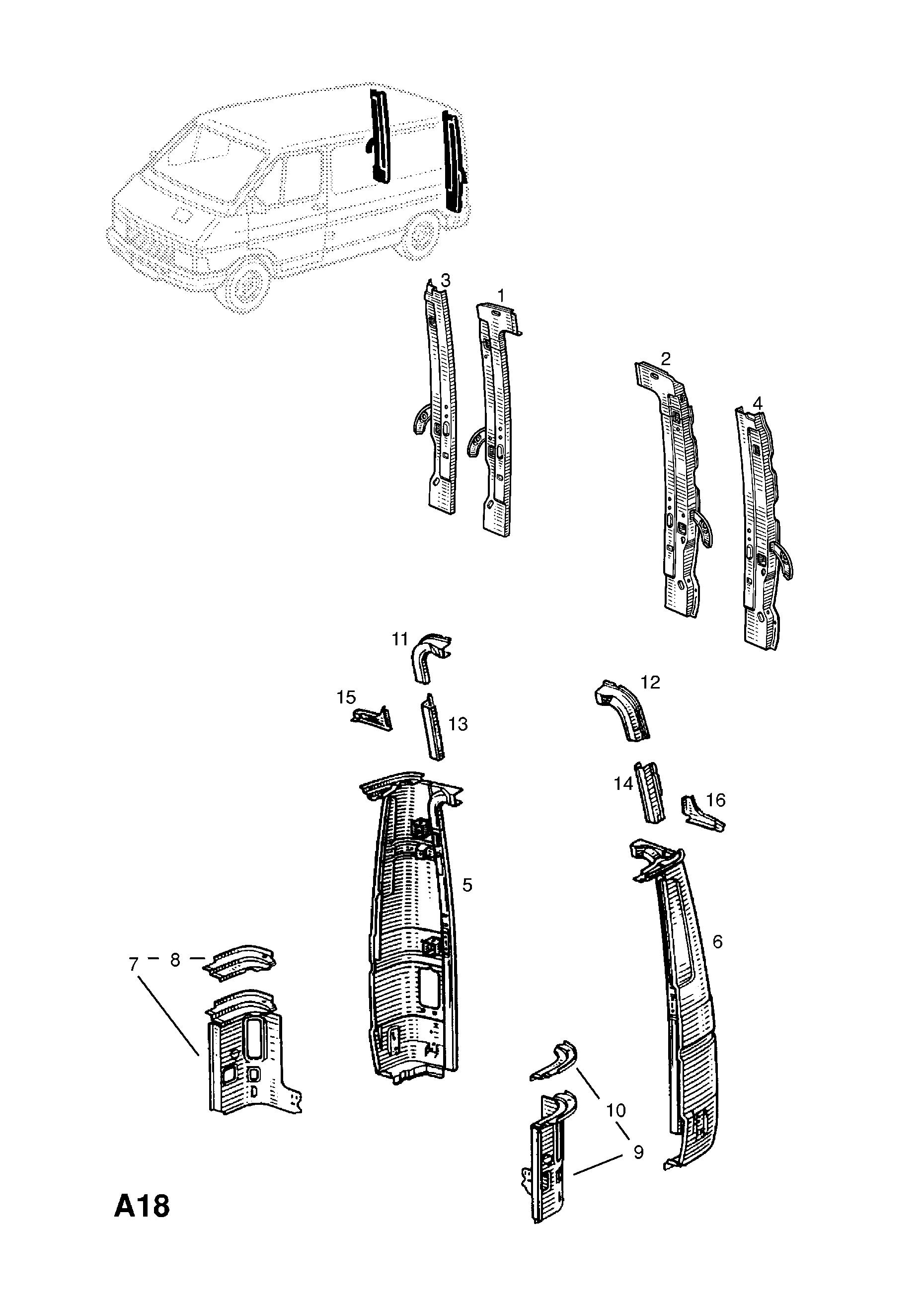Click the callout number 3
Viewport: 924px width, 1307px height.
click(445, 281)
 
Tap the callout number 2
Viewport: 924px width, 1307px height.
click(665, 359)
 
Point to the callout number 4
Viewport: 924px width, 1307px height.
click(757, 403)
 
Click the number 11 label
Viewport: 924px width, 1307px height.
click(400, 639)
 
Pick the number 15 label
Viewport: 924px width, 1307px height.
click(346, 697)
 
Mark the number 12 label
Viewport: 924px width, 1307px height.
click(650, 682)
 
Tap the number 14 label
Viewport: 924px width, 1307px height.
click(623, 784)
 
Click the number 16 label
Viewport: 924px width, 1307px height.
click(716, 800)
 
